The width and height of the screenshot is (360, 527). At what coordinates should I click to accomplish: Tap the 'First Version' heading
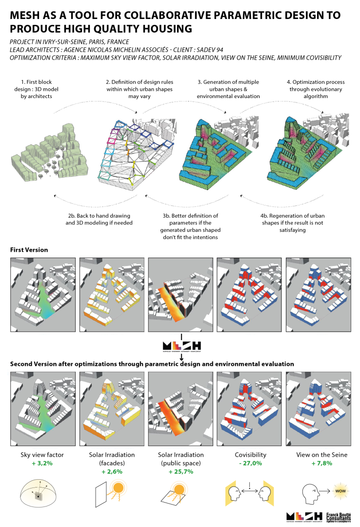click(x=29, y=250)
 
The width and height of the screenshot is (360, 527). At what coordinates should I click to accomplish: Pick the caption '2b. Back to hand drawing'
click(x=100, y=219)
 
